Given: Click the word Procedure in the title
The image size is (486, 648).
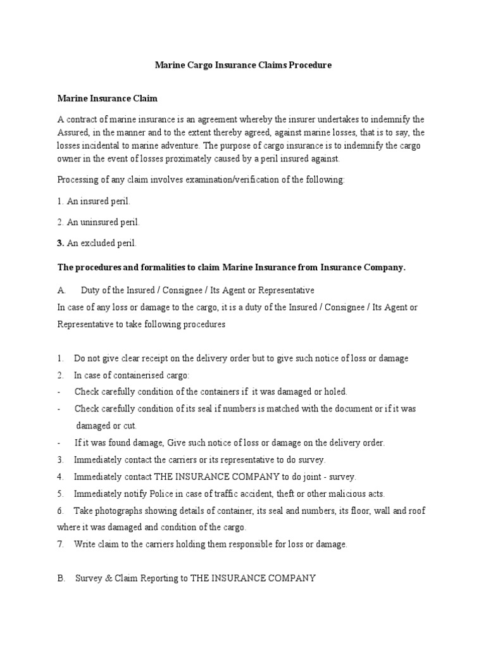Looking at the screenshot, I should pos(310,65).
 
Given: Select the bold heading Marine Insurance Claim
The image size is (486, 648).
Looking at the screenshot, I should pos(108,99).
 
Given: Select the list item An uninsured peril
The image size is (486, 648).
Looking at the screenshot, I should pos(99,222).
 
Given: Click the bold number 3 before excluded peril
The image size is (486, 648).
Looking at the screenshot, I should pos(60,243).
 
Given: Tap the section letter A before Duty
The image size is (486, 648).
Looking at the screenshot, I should pos(61,290).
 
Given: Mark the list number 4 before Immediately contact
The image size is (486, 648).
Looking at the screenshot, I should pos(60,477).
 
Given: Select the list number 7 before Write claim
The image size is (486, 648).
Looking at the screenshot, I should pos(60,544).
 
